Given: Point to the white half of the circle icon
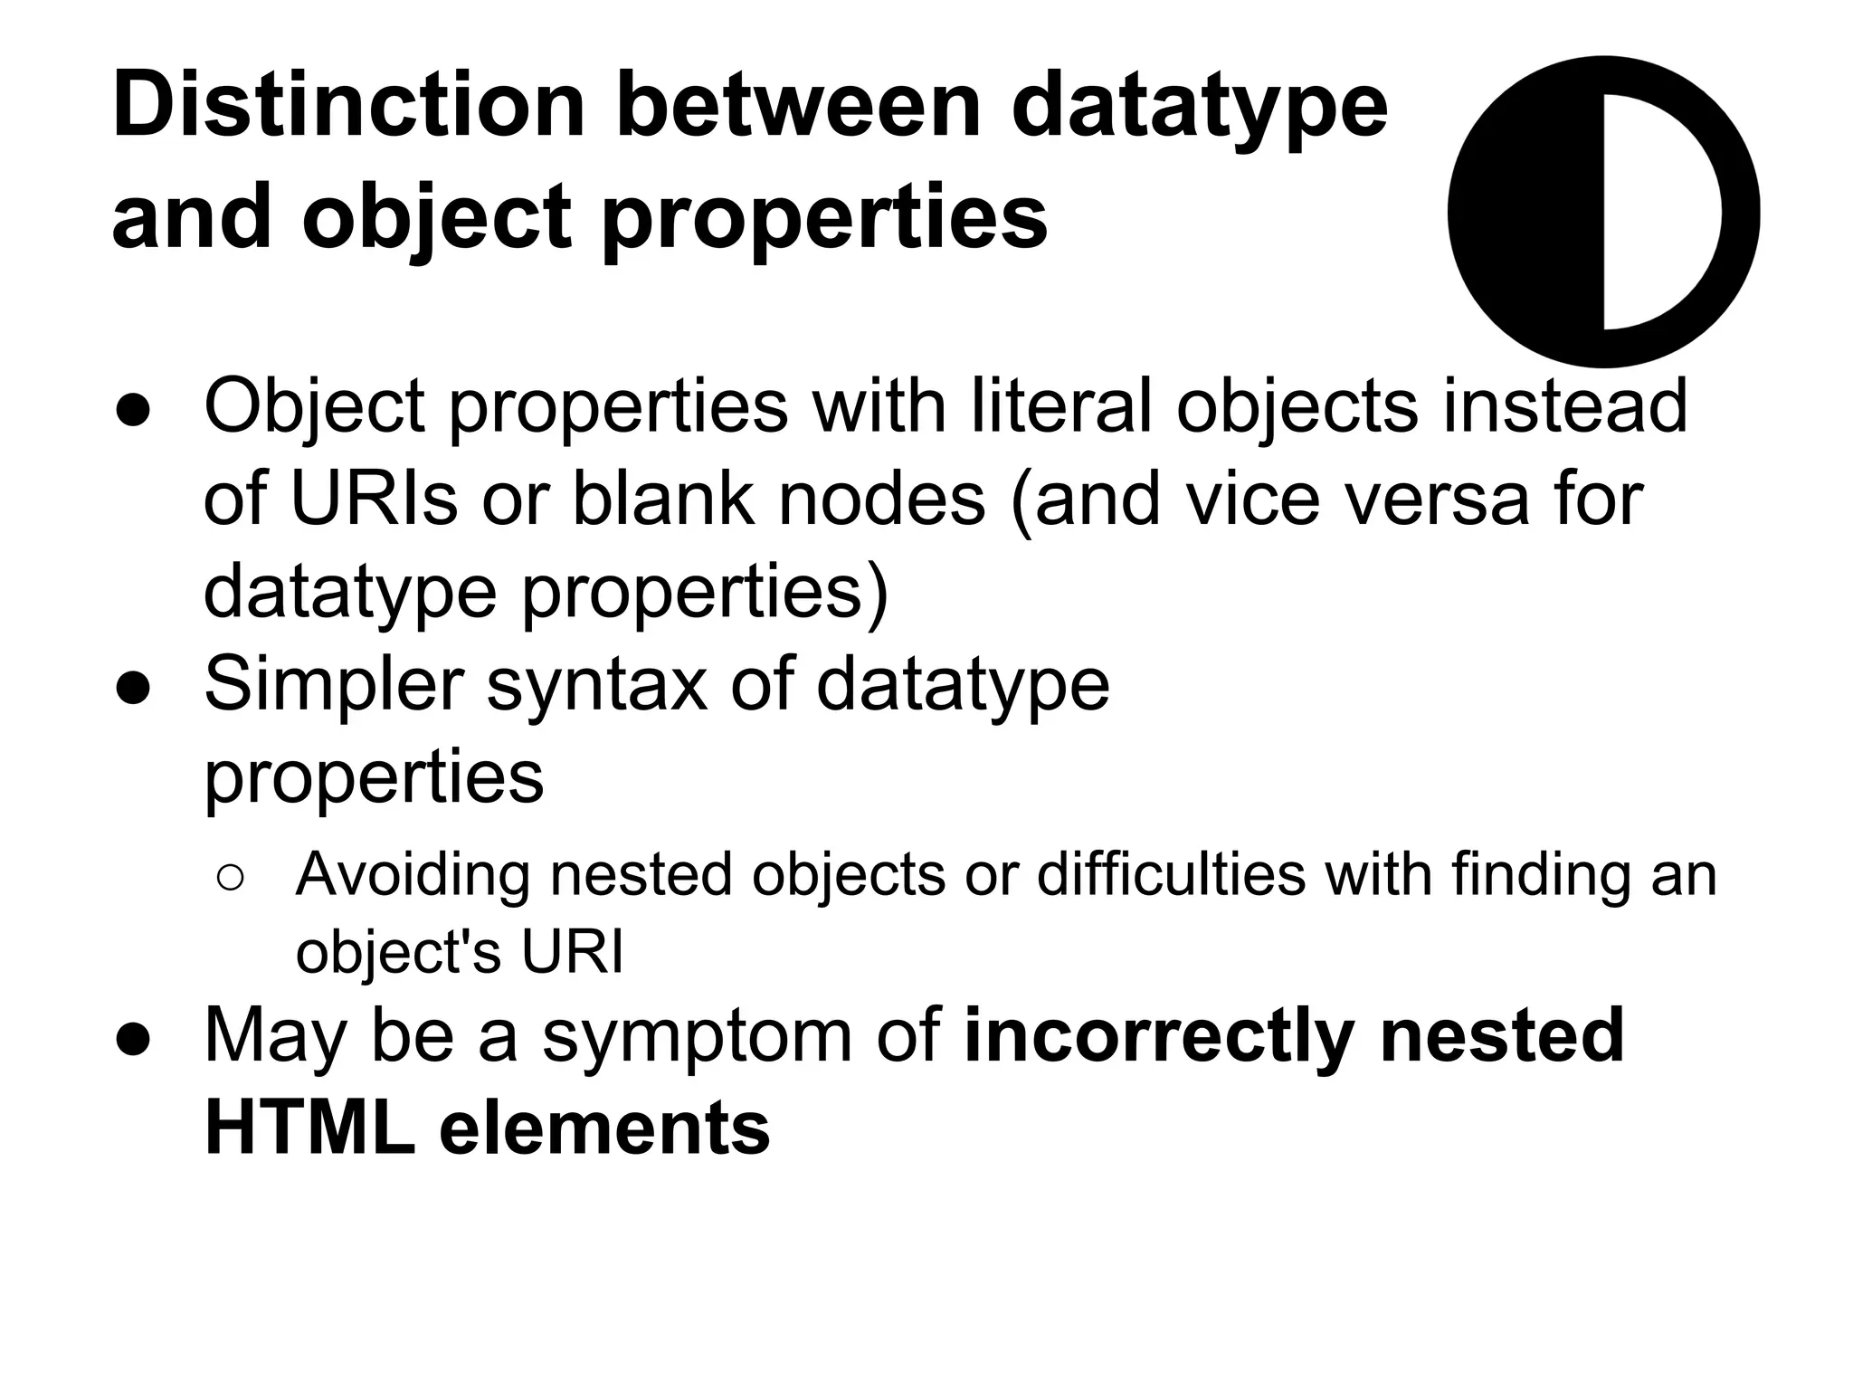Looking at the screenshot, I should click(x=1661, y=212).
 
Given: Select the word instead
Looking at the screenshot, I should click(x=1564, y=406).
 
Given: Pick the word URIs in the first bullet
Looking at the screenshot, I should click(x=374, y=499).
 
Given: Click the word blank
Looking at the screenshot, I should click(x=663, y=499).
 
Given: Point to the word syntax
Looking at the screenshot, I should click(x=597, y=684).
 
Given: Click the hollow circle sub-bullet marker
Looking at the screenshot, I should click(x=231, y=877).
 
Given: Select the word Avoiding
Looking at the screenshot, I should click(x=413, y=875).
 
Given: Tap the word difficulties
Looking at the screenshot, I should click(x=1171, y=875).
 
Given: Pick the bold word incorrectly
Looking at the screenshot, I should click(x=1160, y=1035).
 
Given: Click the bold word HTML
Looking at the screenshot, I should click(x=310, y=1128).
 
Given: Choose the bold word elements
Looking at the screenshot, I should click(x=604, y=1128).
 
